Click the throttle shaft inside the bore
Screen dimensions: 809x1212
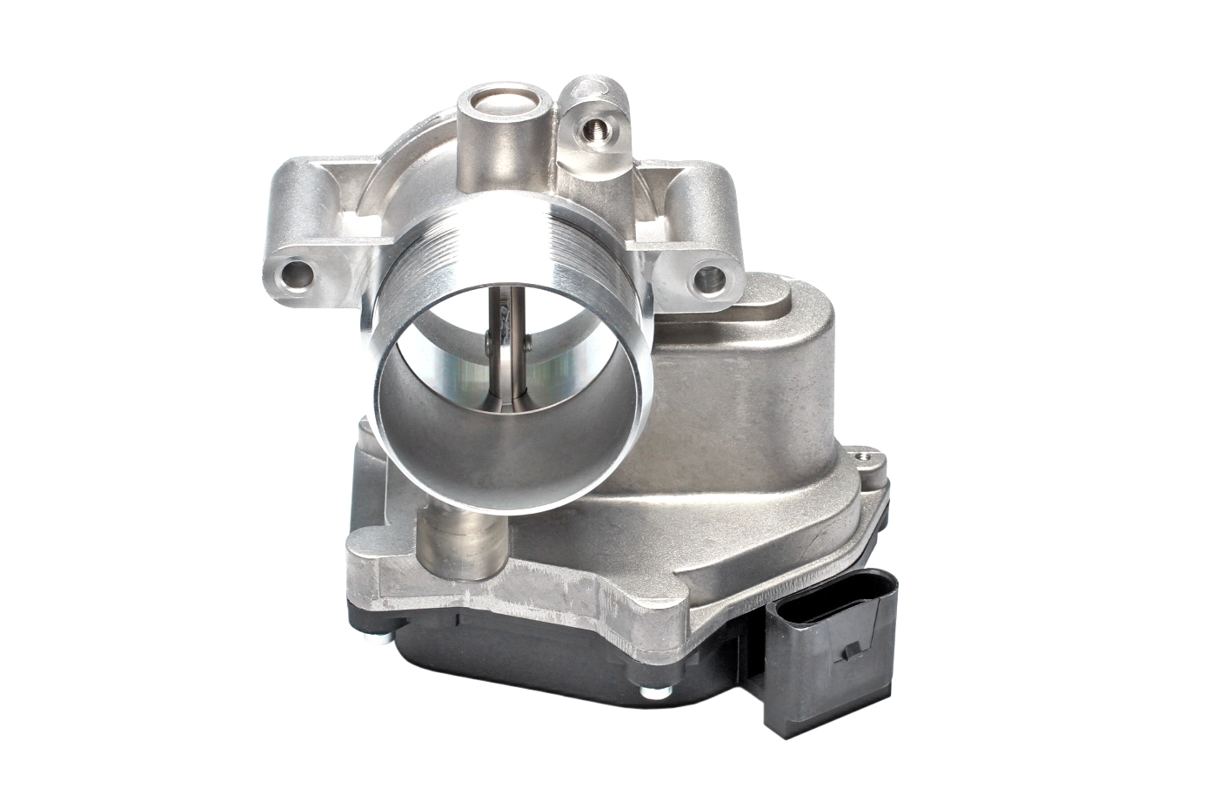click(x=503, y=366)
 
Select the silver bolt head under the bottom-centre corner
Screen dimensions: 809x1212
click(x=648, y=692)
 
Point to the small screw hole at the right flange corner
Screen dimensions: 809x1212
click(x=863, y=455)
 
